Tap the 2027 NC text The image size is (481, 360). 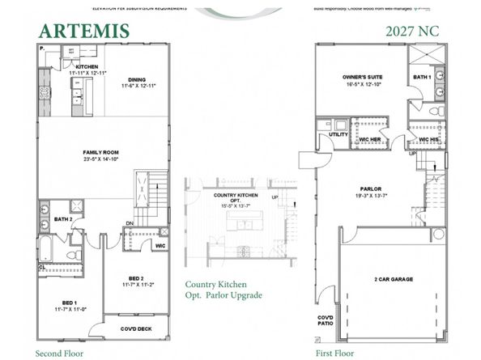tap(413, 31)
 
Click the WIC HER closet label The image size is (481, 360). tap(369, 139)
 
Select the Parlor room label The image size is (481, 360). tap(371, 192)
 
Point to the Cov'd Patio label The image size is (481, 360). tap(324, 320)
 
